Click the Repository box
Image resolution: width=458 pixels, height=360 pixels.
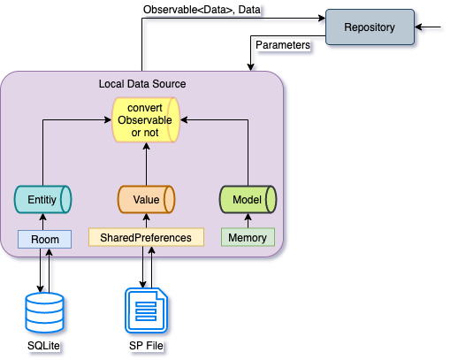[x=369, y=27]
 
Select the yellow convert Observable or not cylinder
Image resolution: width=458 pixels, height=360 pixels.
[x=146, y=119]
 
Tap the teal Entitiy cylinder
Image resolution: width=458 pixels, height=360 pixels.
[x=42, y=200]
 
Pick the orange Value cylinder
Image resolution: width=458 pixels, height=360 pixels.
[x=146, y=200]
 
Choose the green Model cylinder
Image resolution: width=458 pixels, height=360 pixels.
[x=248, y=200]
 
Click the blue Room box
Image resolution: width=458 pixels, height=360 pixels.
[x=44, y=238]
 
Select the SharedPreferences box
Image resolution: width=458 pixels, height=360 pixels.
[x=146, y=237]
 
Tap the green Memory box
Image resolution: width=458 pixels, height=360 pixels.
[x=248, y=237]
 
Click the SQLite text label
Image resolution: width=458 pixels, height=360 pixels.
[x=43, y=345]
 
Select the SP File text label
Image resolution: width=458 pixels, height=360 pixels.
[x=146, y=345]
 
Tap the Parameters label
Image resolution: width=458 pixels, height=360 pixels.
[x=281, y=43]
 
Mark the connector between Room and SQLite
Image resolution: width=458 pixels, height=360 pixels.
[x=44, y=270]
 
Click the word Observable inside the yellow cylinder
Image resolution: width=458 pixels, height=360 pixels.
[x=146, y=120]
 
